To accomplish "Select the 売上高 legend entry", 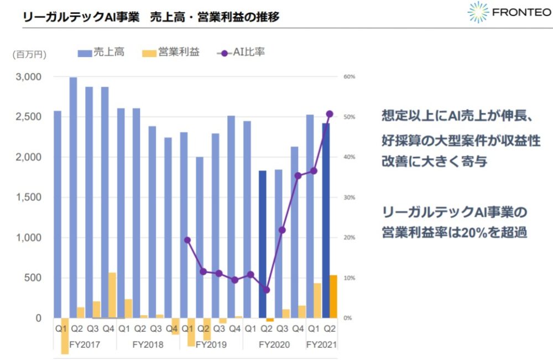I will pyautogui.click(x=101, y=53).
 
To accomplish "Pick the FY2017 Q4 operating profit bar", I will pyautogui.click(x=112, y=295).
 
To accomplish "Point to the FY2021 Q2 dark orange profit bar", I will pyautogui.click(x=333, y=297).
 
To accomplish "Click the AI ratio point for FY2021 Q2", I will pyautogui.click(x=330, y=114).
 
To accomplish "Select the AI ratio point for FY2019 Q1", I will pyautogui.click(x=187, y=240).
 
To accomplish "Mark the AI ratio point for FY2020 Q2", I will pyautogui.click(x=266, y=290).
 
